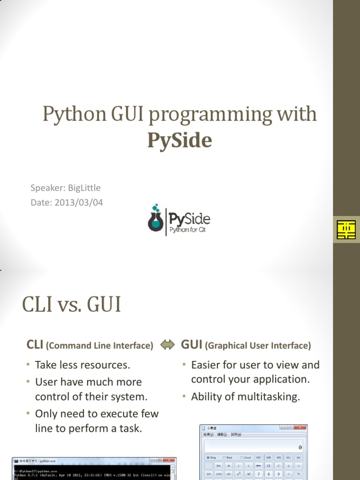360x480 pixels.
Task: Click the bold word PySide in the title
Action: tap(180, 140)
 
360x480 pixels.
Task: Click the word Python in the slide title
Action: tap(70, 114)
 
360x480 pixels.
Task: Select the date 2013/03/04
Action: tap(78, 202)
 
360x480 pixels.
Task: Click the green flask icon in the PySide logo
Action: tap(155, 219)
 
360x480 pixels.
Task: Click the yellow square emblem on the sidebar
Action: tap(346, 230)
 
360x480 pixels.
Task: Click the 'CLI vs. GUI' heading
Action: tap(71, 305)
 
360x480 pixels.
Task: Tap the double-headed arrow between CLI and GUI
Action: tap(167, 345)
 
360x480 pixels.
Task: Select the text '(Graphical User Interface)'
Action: tap(259, 346)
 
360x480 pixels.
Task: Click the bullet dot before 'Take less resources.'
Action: tap(29, 365)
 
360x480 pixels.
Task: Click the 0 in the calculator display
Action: tap(300, 447)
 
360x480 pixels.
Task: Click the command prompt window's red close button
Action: tap(172, 461)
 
